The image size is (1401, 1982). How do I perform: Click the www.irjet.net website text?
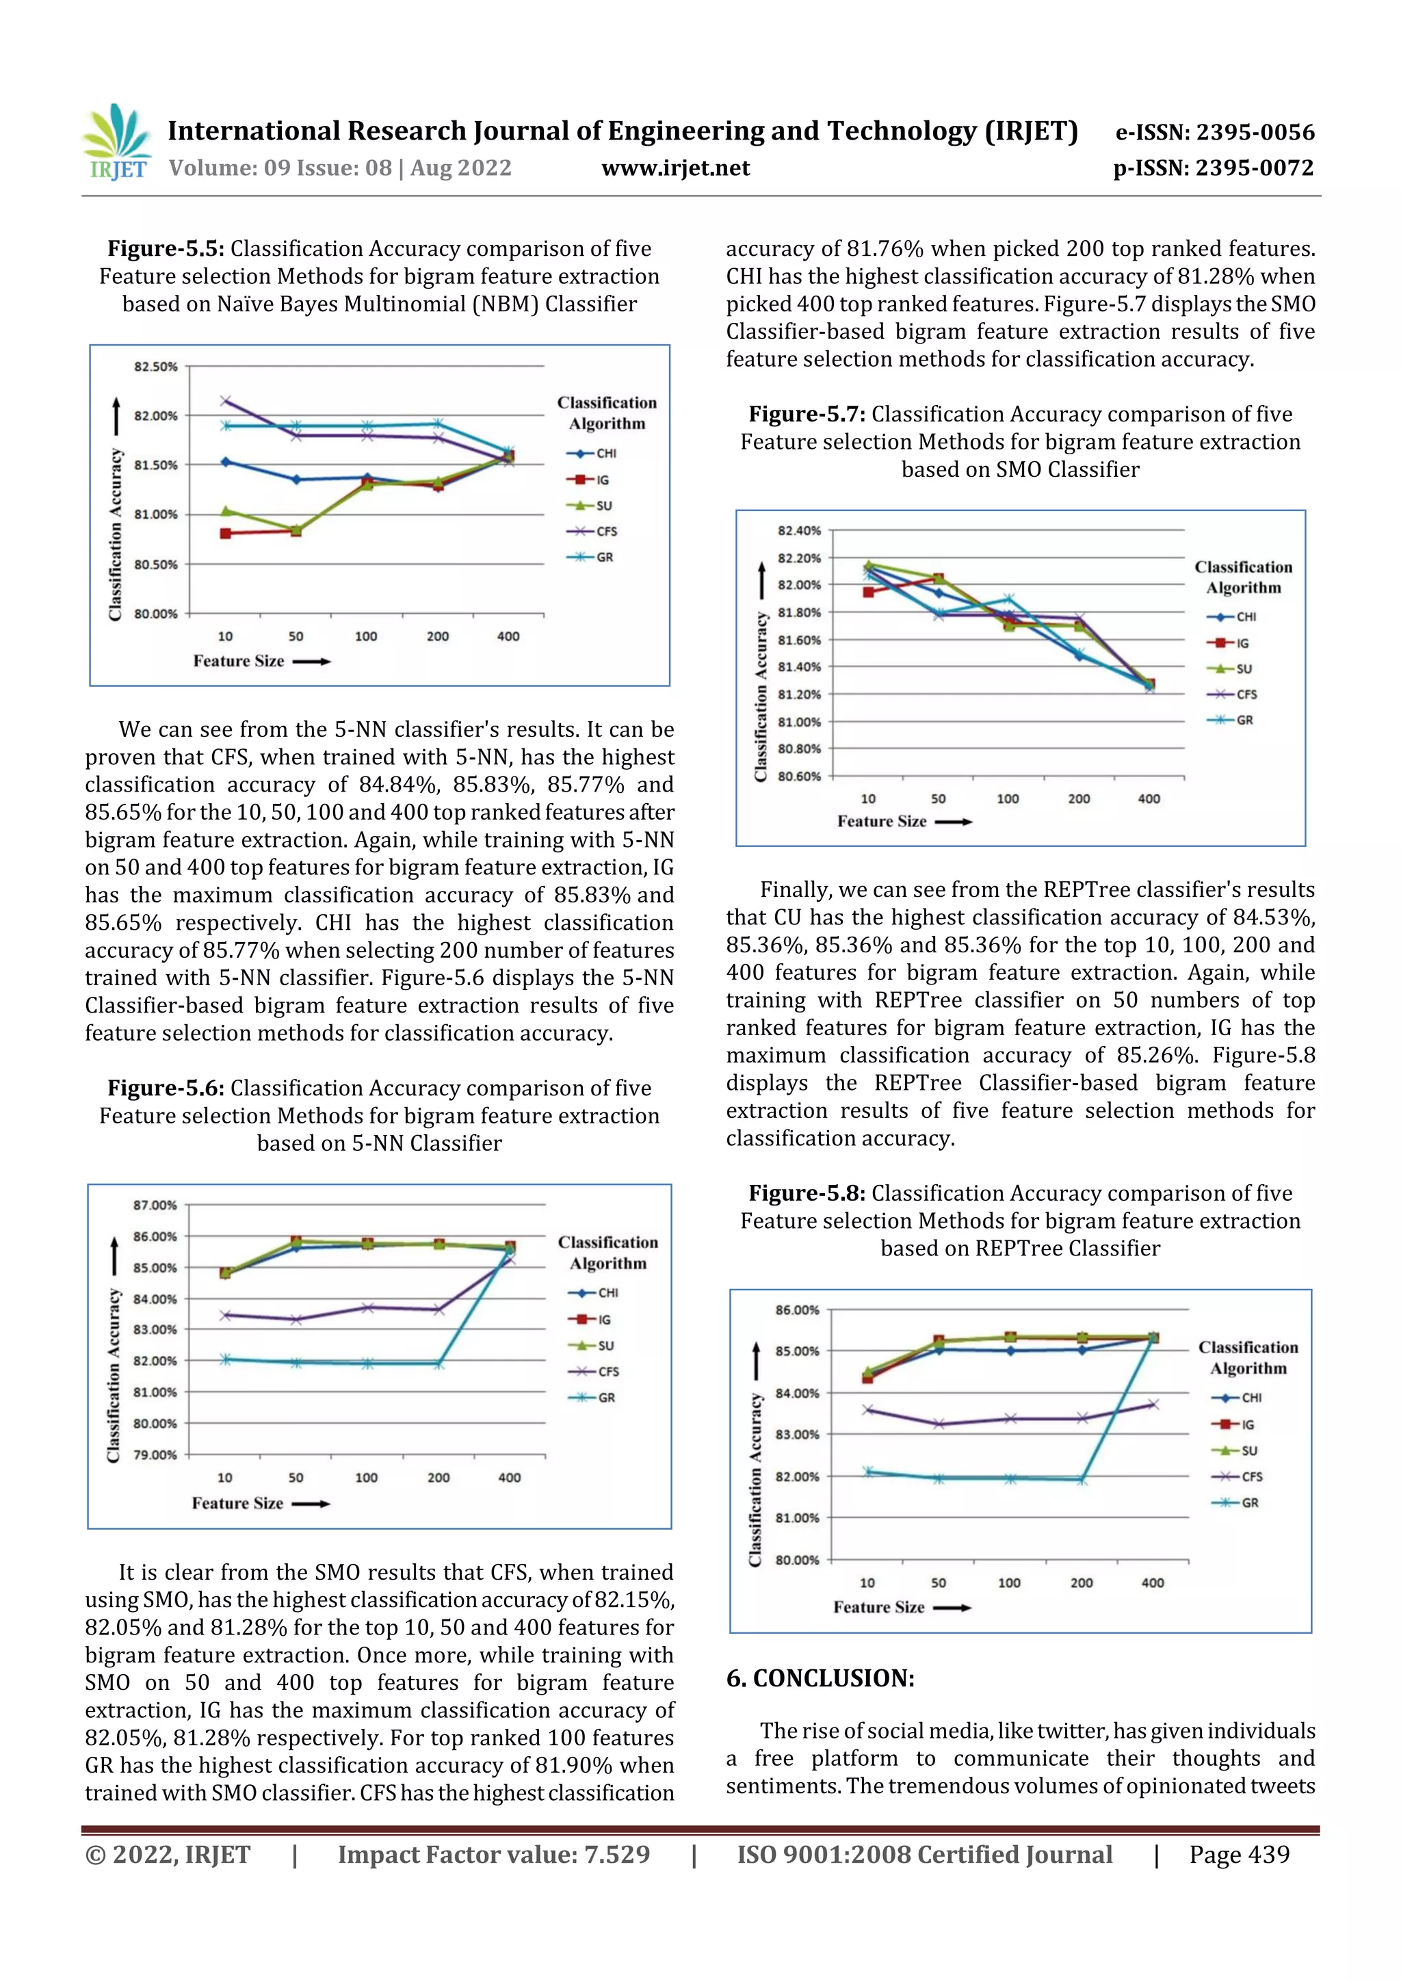675,168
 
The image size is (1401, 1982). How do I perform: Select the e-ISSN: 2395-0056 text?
1214,132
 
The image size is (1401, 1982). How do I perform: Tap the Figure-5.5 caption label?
166,248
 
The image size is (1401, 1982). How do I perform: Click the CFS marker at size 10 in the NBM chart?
225,400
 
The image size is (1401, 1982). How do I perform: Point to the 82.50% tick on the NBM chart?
155,367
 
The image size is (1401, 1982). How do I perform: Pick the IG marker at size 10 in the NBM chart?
225,534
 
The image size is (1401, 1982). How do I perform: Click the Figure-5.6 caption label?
166,1088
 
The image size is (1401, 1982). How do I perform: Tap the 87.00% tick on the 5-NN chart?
155,1205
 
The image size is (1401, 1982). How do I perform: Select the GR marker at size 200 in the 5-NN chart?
438,1364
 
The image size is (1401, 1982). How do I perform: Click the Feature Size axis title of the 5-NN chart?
237,1503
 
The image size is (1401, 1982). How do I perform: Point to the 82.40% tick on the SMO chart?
798,531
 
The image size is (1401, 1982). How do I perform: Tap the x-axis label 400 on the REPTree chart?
1153,1582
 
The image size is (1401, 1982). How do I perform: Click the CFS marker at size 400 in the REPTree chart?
1153,1405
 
